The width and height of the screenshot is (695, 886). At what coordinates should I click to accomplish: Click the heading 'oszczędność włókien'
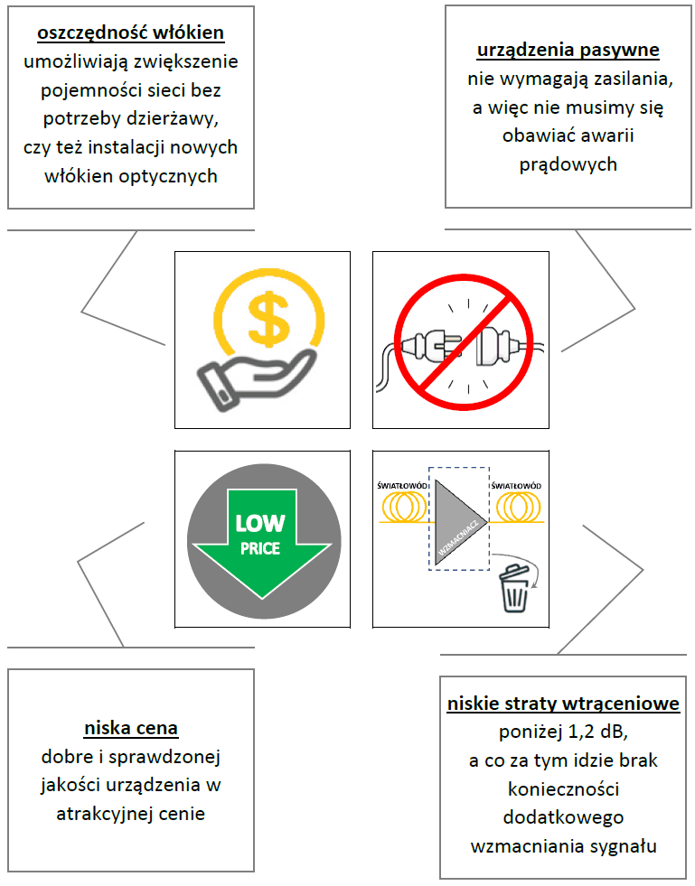pyautogui.click(x=131, y=33)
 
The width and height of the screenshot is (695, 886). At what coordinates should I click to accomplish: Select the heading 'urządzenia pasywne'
pyautogui.click(x=568, y=51)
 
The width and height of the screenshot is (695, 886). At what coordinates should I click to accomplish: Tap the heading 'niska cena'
pyautogui.click(x=131, y=728)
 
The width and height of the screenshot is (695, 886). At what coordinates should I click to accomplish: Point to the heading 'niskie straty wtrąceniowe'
pyautogui.click(x=563, y=704)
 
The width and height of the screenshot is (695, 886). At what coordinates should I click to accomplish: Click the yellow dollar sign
pyautogui.click(x=269, y=318)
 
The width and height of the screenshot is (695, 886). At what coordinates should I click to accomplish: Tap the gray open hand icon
pyautogui.click(x=255, y=379)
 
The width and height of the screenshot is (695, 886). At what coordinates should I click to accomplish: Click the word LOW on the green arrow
pyautogui.click(x=260, y=523)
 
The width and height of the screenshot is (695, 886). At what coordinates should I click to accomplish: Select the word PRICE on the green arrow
pyautogui.click(x=260, y=548)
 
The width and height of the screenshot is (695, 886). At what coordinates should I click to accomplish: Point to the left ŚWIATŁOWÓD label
pyautogui.click(x=403, y=485)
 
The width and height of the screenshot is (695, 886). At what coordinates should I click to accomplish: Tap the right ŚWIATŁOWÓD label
pyautogui.click(x=516, y=485)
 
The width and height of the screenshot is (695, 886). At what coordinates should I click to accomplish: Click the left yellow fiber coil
pyautogui.click(x=405, y=507)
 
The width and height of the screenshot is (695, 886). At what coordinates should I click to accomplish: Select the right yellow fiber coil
pyautogui.click(x=519, y=507)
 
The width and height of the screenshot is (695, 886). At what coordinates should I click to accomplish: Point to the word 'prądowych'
pyautogui.click(x=568, y=164)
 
